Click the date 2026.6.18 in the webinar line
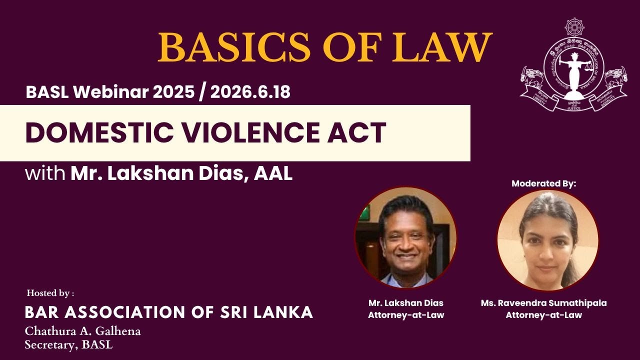pyautogui.click(x=250, y=92)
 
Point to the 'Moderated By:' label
pyautogui.click(x=544, y=183)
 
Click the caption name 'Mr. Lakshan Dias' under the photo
pyautogui.click(x=405, y=303)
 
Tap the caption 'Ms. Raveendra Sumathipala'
pyautogui.click(x=544, y=303)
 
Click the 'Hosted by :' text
pyautogui.click(x=50, y=293)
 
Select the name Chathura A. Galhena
pyautogui.click(x=82, y=331)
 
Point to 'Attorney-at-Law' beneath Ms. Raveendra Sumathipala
pyautogui.click(x=544, y=315)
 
